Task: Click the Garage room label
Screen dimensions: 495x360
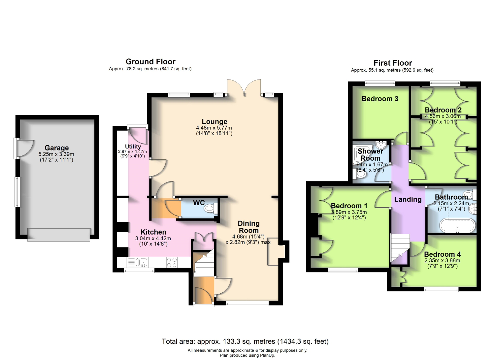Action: (x=56, y=147)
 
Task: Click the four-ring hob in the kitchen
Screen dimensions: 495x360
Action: (x=172, y=262)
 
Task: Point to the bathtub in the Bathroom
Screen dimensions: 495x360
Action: (x=457, y=225)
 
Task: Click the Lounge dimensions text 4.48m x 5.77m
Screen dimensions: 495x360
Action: (x=214, y=128)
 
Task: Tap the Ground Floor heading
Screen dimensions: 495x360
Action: (x=150, y=61)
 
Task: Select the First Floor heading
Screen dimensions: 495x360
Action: (x=393, y=63)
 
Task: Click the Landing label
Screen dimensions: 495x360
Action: (x=408, y=199)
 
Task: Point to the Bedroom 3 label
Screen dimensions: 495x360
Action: (x=380, y=99)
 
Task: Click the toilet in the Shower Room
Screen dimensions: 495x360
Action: (x=359, y=174)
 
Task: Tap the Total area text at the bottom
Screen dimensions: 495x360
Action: (x=245, y=342)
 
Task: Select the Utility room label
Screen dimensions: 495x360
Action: (x=133, y=146)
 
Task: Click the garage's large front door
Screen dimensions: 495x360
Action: (x=58, y=234)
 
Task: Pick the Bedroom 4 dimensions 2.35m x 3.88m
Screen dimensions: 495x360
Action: (x=442, y=261)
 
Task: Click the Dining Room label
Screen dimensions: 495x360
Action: (x=248, y=227)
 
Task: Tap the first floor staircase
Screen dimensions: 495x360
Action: (x=400, y=248)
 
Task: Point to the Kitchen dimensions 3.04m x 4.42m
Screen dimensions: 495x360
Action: (x=153, y=239)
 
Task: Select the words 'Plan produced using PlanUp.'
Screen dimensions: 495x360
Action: (x=247, y=355)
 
